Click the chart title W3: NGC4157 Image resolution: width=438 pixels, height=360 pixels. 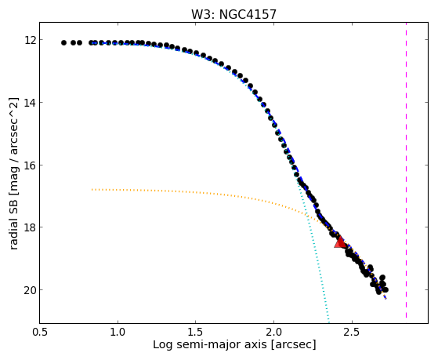pos(233,15)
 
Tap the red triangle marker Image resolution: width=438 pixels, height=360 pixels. pos(341,242)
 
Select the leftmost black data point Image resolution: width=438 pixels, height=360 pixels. pos(63,43)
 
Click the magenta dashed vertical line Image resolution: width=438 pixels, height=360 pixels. pos(406,170)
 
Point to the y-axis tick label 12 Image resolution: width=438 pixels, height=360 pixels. pos(31,40)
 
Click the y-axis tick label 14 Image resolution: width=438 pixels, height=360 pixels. pos(31,103)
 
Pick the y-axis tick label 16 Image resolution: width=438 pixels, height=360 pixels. pos(31,165)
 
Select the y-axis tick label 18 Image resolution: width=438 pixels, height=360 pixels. pos(31,227)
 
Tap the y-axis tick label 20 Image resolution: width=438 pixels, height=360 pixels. pos(31,289)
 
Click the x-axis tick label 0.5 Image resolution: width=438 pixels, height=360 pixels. pos(40,332)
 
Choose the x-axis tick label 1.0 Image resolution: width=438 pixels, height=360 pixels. pos(118,332)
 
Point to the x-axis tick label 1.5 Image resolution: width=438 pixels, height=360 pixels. pos(196,332)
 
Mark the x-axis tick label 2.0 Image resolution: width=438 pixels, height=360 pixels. pos(273,332)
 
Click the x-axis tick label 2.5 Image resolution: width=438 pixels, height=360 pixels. pos(352,332)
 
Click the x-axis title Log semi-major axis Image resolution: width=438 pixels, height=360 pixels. pos(209,345)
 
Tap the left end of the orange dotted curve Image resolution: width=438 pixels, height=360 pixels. pos(92,189)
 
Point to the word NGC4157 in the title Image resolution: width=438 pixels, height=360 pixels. pos(248,15)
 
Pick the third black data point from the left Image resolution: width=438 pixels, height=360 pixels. pos(79,43)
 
